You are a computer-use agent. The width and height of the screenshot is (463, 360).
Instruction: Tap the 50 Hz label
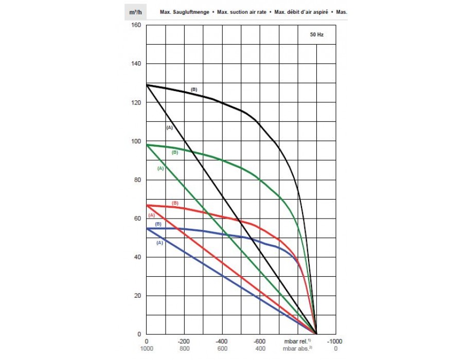click(316, 35)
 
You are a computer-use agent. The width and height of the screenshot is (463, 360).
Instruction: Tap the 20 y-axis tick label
click(136, 296)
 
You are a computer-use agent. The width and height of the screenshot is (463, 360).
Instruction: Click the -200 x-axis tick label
click(184, 341)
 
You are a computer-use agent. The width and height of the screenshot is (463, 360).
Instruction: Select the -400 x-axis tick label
click(222, 341)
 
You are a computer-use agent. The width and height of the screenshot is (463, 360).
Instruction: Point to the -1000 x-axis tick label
click(335, 341)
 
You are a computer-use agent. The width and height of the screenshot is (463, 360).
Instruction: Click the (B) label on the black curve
click(194, 89)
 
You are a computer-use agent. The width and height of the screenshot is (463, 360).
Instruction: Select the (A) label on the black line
click(169, 127)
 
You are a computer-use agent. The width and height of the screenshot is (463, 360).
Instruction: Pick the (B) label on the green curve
click(174, 153)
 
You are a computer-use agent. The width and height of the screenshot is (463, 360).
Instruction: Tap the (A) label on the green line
click(160, 169)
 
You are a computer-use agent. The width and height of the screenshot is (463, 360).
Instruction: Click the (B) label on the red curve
click(175, 203)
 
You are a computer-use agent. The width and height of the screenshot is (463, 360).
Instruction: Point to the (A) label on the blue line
click(159, 242)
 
